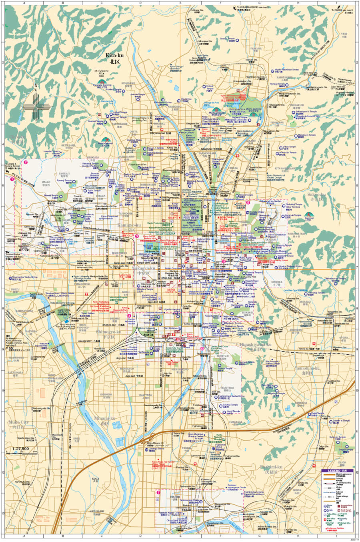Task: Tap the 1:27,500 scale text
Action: click(x=20, y=449)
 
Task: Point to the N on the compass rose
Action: click(x=36, y=85)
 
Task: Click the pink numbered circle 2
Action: click(x=26, y=162)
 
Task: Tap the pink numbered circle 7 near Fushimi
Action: click(x=158, y=492)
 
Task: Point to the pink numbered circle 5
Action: click(x=248, y=202)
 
